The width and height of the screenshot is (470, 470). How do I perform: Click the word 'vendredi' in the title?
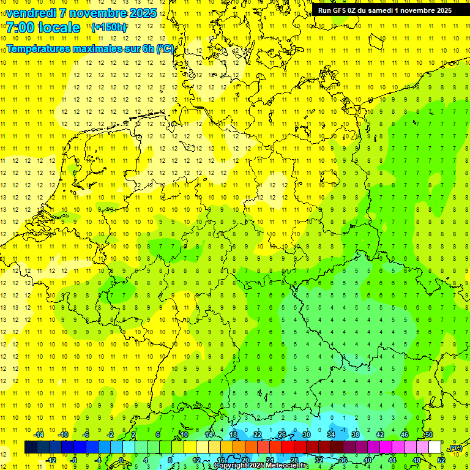tap(31, 13)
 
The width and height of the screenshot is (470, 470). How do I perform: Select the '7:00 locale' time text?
tap(43, 28)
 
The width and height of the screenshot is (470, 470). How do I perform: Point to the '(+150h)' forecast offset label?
tap(110, 28)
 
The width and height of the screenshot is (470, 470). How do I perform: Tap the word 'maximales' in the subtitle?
tap(106, 48)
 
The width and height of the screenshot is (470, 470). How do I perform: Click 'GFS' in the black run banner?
tap(342, 10)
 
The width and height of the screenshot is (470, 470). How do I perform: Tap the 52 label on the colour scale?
tap(441, 460)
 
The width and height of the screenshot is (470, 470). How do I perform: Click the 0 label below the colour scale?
tap(121, 460)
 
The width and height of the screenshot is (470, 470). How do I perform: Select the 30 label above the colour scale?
tap(306, 435)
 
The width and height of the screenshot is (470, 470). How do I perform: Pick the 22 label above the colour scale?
tap(258, 435)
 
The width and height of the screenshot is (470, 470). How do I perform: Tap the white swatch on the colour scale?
tap(435, 447)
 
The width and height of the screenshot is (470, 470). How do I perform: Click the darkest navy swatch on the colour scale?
tap(31, 447)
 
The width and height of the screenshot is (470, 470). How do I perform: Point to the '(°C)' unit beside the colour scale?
tap(455, 449)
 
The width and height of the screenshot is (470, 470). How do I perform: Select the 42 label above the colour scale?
tap(380, 435)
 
